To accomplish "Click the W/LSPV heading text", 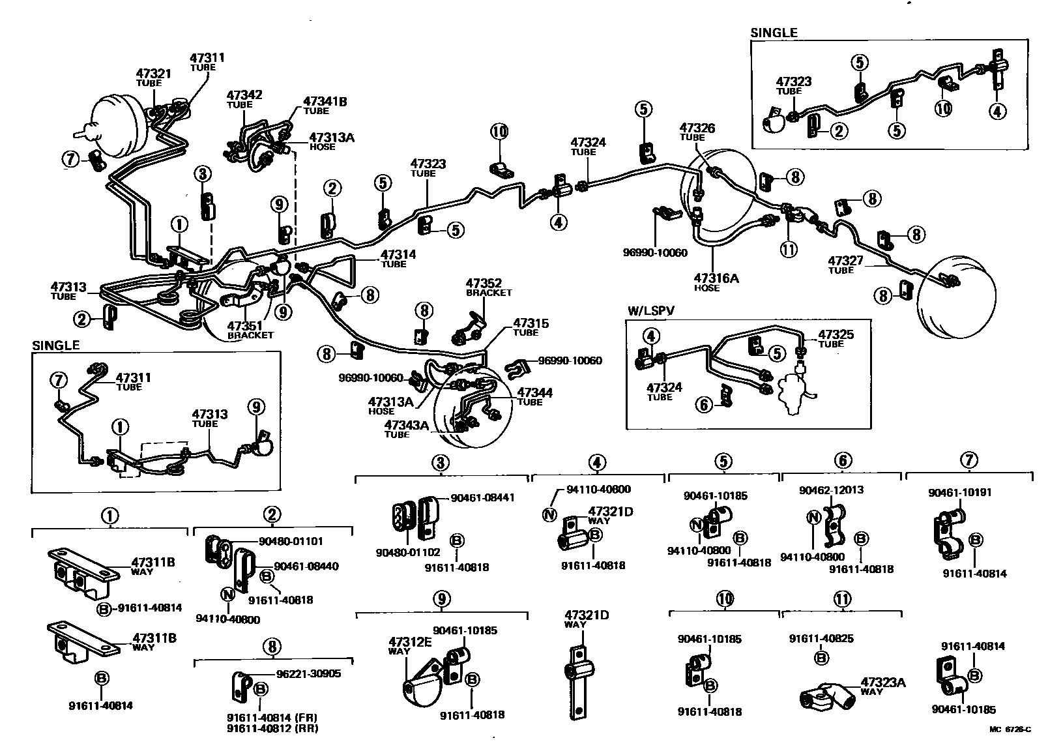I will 651,311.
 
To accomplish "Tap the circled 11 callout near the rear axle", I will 789,250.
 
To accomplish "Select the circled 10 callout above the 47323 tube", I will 499,132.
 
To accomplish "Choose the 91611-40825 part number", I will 821,638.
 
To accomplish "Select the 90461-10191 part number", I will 959,492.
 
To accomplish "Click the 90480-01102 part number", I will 408,552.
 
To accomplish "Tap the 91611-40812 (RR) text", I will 272,728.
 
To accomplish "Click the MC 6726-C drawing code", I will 1010,729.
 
